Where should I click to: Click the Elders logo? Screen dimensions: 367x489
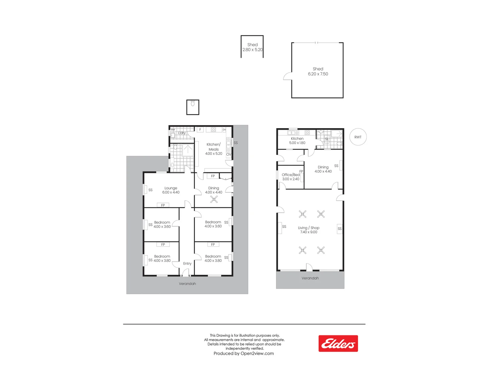pos(338,344)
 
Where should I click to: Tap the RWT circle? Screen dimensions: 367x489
pos(358,137)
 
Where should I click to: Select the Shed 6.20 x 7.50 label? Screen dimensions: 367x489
pos(318,71)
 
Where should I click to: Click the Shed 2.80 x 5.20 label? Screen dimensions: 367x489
pos(252,47)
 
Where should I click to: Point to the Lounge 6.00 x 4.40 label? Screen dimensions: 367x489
pos(171,190)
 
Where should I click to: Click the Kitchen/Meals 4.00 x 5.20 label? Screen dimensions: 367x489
pos(214,149)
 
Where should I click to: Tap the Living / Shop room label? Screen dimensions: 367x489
pos(309,230)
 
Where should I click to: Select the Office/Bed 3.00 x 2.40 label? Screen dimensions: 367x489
pos(291,177)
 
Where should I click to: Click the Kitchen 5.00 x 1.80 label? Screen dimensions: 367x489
pos(297,141)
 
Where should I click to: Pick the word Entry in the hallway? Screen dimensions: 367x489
pos(187,264)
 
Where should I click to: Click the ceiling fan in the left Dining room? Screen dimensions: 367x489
pos(214,199)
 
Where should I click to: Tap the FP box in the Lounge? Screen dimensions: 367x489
pos(163,205)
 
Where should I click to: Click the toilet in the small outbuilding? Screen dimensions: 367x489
pos(193,103)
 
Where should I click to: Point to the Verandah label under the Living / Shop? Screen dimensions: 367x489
pos(310,278)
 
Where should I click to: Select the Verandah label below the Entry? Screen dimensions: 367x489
pos(187,284)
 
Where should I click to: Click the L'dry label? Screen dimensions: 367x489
pos(182,133)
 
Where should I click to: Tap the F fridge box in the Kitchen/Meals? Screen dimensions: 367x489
pos(200,129)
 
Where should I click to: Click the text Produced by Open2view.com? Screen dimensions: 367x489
pos(243,353)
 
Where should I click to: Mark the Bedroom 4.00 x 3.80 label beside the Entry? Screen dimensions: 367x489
pos(213,259)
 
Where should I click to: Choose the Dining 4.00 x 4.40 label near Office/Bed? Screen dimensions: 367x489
pos(323,169)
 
